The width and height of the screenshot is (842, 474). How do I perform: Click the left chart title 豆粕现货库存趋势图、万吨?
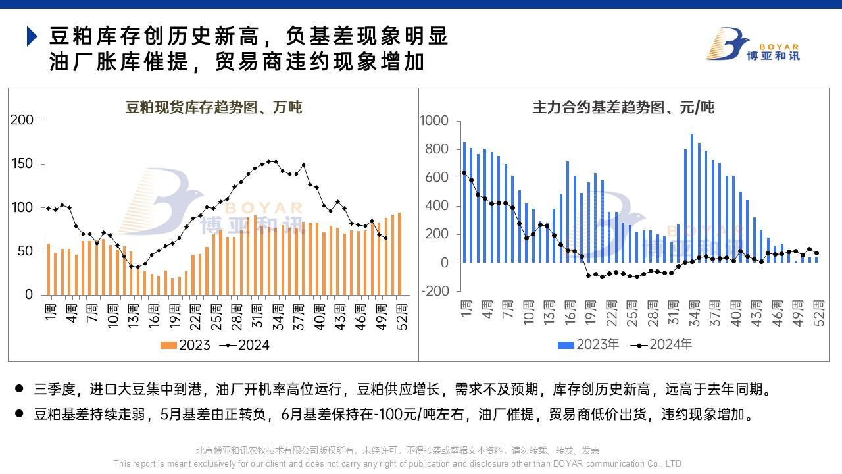(214, 107)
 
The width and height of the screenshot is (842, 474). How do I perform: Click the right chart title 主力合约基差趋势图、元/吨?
(623, 107)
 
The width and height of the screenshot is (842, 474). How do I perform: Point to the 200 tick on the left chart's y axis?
(22, 120)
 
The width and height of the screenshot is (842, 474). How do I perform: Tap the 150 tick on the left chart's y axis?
(22, 164)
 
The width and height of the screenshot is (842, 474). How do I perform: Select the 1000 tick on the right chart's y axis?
(433, 121)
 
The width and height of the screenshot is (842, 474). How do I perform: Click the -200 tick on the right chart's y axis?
(433, 291)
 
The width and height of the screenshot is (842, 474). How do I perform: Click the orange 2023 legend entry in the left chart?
(186, 345)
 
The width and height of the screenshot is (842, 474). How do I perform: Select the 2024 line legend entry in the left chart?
(246, 345)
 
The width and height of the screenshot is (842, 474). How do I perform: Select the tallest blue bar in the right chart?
(692, 197)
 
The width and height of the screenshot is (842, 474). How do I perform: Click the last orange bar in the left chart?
(399, 253)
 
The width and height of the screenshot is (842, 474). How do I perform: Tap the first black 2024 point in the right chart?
(464, 173)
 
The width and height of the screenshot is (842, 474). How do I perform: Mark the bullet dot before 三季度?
(19, 389)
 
